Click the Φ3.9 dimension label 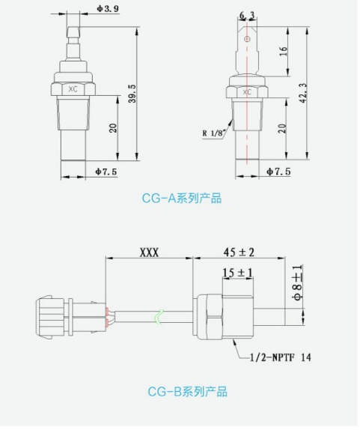click(x=108, y=8)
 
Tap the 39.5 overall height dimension click(x=132, y=94)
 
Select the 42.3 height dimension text click(x=303, y=94)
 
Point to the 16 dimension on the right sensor click(x=284, y=51)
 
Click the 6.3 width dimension click(x=247, y=16)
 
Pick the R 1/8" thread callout click(x=214, y=133)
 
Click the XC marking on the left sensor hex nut click(x=73, y=89)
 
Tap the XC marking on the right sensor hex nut click(x=247, y=92)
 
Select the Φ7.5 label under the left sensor click(x=106, y=172)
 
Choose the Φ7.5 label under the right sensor click(x=278, y=172)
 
